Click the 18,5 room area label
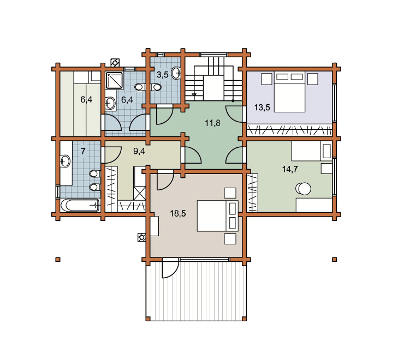(x=178, y=213)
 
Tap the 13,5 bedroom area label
(x=262, y=107)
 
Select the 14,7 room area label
(x=290, y=169)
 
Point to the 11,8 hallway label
(x=212, y=123)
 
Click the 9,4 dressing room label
(x=139, y=151)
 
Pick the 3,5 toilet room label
(x=163, y=75)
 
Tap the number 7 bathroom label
(x=83, y=151)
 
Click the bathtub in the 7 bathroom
(x=80, y=205)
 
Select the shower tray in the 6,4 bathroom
(x=114, y=81)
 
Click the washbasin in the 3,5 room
(x=176, y=73)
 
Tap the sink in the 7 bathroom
(x=64, y=161)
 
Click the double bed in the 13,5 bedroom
(x=289, y=92)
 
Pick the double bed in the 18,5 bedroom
(x=217, y=216)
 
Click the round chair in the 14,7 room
(x=303, y=189)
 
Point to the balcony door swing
(x=170, y=268)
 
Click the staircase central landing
(x=213, y=88)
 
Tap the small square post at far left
(x=58, y=260)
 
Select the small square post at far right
(x=335, y=260)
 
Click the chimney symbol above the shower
(x=115, y=63)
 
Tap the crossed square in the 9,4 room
(x=139, y=194)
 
